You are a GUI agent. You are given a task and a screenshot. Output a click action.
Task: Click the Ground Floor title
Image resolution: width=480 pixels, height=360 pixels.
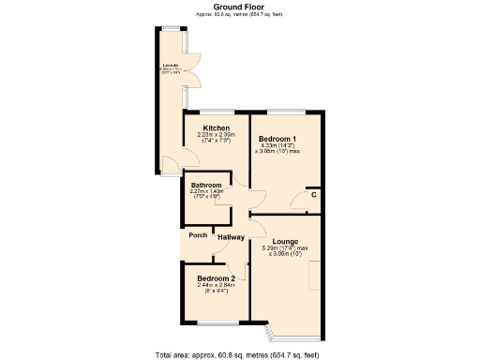[239, 7]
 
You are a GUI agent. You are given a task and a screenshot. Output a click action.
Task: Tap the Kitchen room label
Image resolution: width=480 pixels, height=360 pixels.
[217, 127]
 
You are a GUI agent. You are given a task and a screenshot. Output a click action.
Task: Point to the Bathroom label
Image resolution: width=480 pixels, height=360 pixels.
[206, 185]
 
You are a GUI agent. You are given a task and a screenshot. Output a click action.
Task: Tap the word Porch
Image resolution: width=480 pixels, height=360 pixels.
[198, 235]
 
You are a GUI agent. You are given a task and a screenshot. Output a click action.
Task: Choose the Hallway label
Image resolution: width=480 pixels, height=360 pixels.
[231, 237]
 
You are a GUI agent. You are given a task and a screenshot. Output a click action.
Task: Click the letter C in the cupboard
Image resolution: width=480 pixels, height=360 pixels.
[313, 194]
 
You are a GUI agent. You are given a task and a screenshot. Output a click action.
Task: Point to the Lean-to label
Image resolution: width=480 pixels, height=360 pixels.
[170, 65]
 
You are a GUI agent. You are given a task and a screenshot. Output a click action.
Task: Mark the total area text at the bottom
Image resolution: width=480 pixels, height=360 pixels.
[240, 353]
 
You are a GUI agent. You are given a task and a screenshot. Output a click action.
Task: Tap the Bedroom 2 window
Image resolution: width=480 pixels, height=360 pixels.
[215, 323]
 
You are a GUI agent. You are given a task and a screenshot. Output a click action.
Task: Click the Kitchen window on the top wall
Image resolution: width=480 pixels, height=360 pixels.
[215, 113]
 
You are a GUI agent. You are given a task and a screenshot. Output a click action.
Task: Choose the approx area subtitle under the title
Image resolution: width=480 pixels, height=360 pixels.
[239, 14]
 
